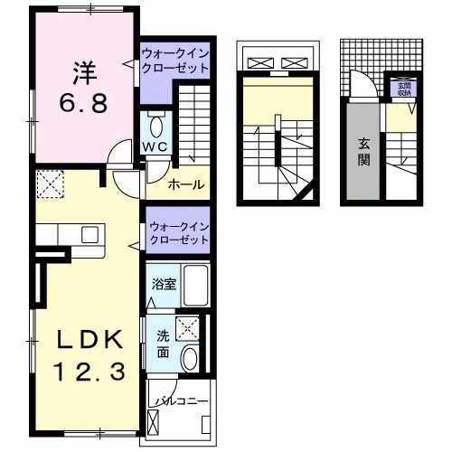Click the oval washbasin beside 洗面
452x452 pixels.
coord(191,359)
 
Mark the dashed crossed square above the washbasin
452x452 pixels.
coord(190,328)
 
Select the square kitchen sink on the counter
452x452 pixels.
coord(89,235)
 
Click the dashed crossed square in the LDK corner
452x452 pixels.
coord(49,186)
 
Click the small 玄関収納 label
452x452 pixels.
coord(400,89)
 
